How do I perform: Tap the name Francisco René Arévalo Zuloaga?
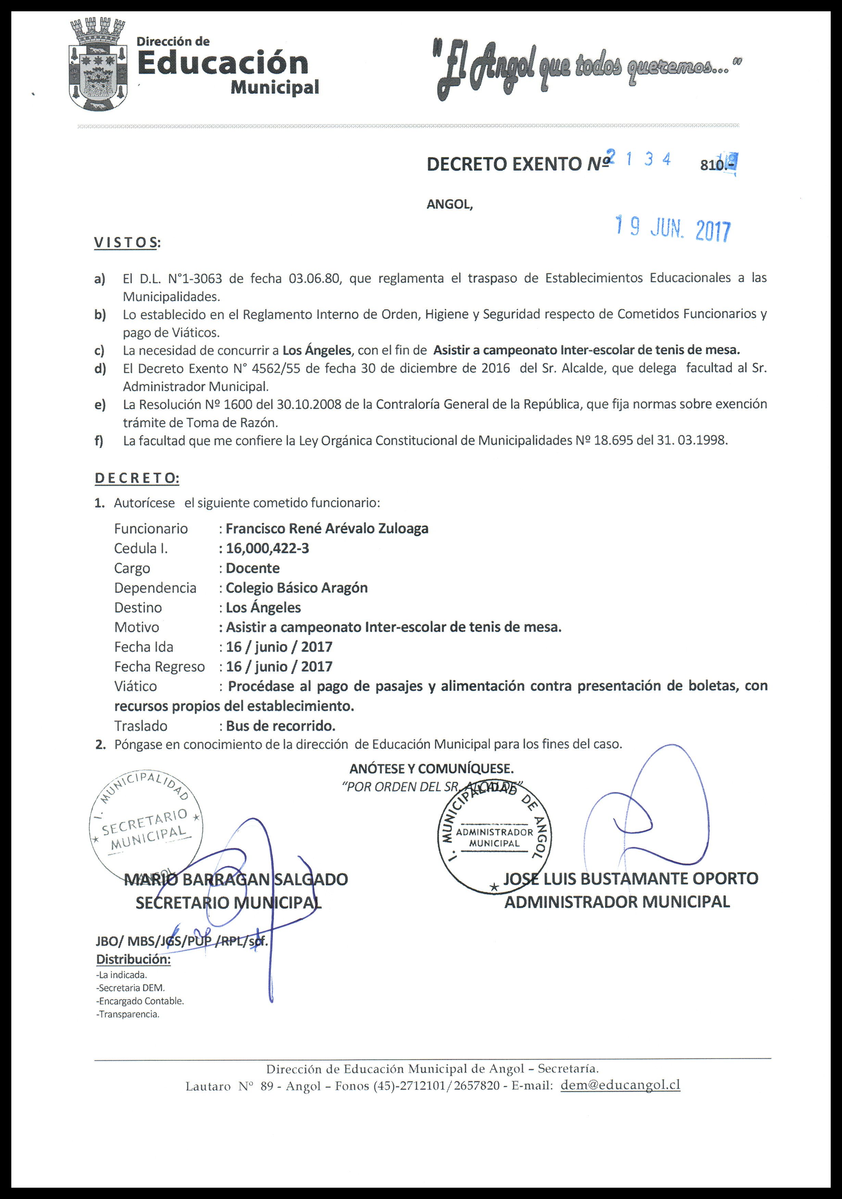click(327, 528)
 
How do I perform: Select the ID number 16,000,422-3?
click(267, 548)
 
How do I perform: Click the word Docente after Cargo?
click(253, 568)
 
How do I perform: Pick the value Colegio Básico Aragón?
click(297, 588)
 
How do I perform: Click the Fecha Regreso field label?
click(159, 667)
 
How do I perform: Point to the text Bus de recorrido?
click(280, 726)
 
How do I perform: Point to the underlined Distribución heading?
click(133, 959)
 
